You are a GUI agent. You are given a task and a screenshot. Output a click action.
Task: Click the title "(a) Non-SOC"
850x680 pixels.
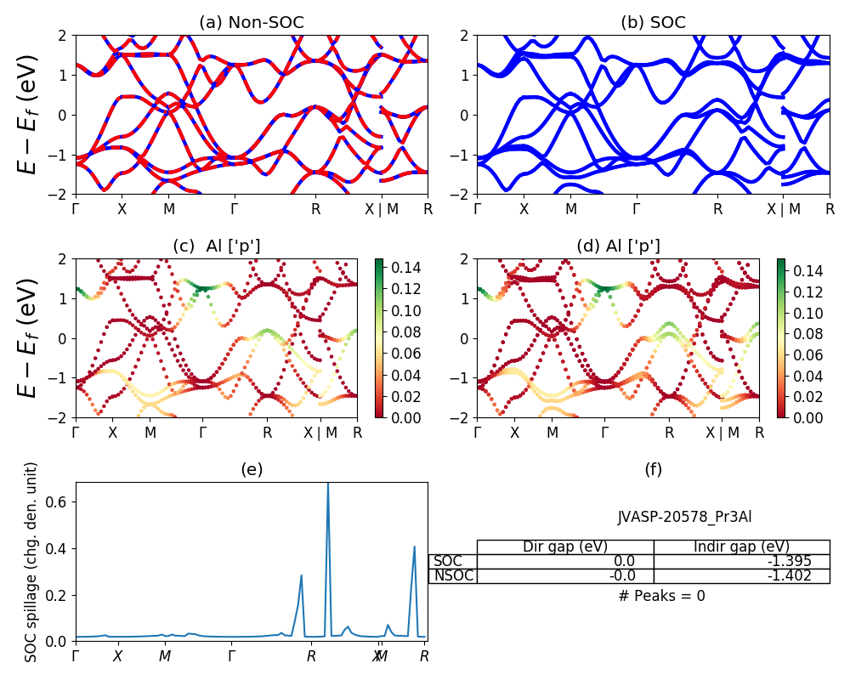(252, 23)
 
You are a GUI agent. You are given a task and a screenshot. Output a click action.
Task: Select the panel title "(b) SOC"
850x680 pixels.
(653, 23)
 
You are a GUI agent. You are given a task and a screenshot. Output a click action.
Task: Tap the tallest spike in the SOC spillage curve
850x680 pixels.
(328, 484)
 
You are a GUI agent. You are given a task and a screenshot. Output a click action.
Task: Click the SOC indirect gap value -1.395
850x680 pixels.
(786, 561)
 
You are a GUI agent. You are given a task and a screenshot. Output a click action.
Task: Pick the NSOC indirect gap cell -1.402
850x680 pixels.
(786, 575)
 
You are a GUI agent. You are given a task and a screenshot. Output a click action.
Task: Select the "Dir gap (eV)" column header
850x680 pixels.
(565, 547)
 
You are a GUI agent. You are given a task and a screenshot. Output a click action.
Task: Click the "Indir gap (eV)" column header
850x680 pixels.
(741, 547)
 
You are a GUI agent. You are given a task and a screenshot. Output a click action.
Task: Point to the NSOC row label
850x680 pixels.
(453, 575)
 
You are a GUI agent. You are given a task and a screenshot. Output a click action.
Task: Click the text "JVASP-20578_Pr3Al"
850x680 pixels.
(684, 517)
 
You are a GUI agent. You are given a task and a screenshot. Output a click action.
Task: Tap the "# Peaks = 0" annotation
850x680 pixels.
(661, 596)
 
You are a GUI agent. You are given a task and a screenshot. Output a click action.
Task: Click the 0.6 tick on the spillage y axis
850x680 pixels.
(62, 501)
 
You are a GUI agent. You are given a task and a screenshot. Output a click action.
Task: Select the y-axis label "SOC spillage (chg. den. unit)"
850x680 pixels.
(31, 562)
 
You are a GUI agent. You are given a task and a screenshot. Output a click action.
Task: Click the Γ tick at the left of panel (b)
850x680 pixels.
(478, 209)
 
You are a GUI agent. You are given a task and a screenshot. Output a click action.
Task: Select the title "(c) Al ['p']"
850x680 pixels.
(217, 246)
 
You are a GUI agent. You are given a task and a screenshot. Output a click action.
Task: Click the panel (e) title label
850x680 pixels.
(252, 469)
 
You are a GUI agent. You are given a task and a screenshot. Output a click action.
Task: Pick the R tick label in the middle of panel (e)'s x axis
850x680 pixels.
(311, 656)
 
